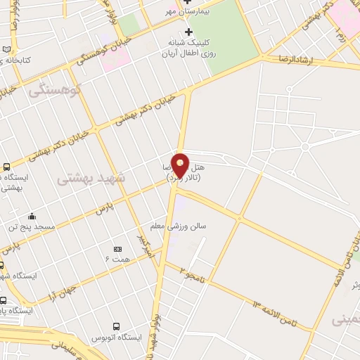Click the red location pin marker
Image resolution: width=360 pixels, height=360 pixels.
181,166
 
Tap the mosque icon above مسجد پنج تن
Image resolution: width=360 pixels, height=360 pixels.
32,216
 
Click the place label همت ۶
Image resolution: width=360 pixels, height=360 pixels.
117,260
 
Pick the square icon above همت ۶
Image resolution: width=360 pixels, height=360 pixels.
117,249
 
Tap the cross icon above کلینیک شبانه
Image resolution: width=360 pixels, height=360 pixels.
188,32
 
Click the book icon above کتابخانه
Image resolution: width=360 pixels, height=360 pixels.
7,50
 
